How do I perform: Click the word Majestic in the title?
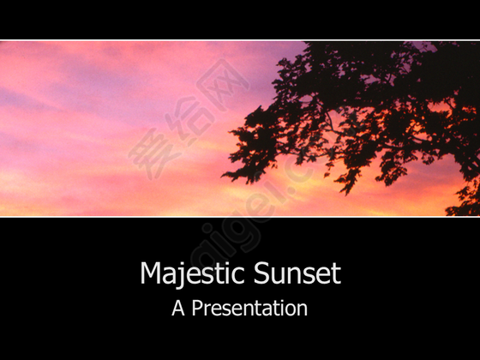pyautogui.click(x=192, y=273)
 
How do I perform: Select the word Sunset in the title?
pyautogui.click(x=297, y=273)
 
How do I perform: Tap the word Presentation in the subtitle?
pyautogui.click(x=249, y=308)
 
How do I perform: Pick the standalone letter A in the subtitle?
pyautogui.click(x=178, y=308)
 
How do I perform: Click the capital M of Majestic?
pyautogui.click(x=151, y=273)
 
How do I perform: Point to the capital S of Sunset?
pyautogui.click(x=261, y=273)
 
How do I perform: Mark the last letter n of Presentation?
pyautogui.click(x=302, y=310)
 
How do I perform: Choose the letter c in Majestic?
pyautogui.click(x=238, y=276)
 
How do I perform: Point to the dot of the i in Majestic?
pyautogui.click(x=226, y=264)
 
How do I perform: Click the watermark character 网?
pyautogui.click(x=222, y=85)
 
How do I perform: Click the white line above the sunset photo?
pyautogui.click(x=240, y=40)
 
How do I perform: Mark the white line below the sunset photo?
pyautogui.click(x=240, y=217)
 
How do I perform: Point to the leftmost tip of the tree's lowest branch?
pyautogui.click(x=222, y=176)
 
